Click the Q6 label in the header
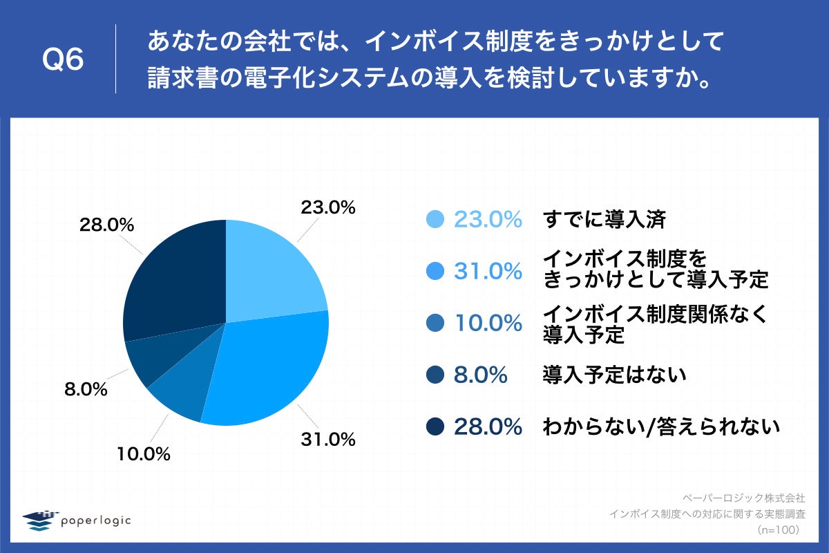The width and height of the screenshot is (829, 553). (x=63, y=61)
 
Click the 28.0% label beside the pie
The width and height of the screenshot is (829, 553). (x=106, y=225)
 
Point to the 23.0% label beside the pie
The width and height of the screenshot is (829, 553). (x=327, y=207)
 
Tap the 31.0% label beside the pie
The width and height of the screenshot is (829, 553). (x=327, y=438)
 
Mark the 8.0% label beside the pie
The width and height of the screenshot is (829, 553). (x=86, y=390)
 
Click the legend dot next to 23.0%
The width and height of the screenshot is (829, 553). (x=435, y=219)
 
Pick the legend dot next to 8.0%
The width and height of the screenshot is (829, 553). (x=435, y=375)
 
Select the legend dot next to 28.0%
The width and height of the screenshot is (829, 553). (x=435, y=427)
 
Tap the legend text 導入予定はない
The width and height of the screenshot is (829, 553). (x=614, y=375)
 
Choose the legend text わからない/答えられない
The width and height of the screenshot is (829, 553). (x=661, y=427)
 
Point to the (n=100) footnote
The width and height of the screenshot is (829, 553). (x=778, y=529)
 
